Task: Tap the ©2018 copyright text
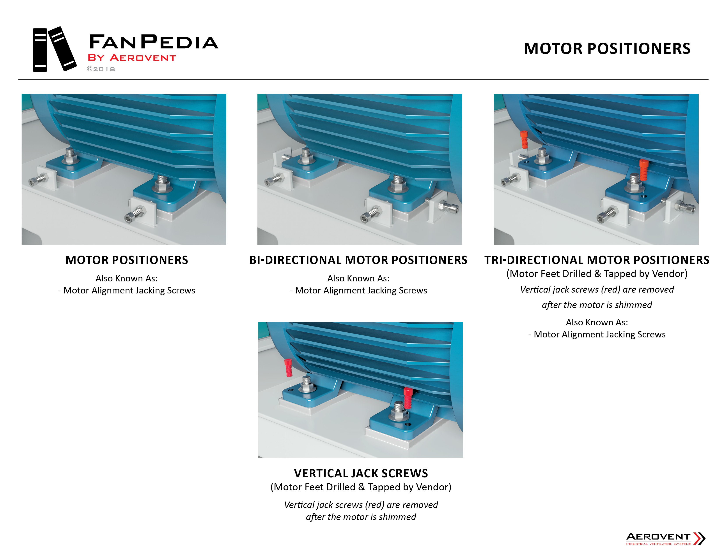[101, 69]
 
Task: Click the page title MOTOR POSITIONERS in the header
[607, 49]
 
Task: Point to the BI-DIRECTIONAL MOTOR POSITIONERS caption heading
[358, 260]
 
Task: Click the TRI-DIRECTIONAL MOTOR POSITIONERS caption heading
[597, 260]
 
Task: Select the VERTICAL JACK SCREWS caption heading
[361, 473]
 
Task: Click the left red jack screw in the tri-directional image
[524, 140]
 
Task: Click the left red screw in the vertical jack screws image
[288, 368]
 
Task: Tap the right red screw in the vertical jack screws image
[408, 398]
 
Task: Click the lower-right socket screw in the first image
[135, 214]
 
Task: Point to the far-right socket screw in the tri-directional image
[686, 207]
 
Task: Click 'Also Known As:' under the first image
[126, 278]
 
